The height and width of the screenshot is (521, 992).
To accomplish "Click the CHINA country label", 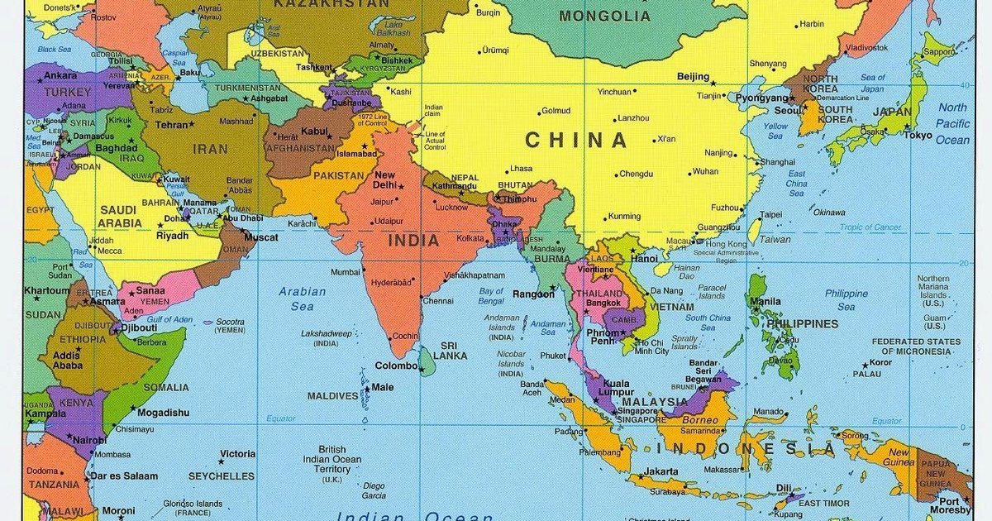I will (576, 140).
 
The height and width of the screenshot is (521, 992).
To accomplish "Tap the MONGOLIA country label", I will (604, 16).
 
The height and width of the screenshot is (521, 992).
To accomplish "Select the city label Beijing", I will (693, 77).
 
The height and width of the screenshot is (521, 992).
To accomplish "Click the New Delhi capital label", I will (384, 179).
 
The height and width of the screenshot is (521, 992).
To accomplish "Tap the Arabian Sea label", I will (302, 299).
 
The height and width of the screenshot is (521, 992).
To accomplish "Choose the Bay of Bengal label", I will (491, 295).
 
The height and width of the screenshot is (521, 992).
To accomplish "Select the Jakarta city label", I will (661, 472).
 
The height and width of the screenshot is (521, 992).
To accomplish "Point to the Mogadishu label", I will (163, 413).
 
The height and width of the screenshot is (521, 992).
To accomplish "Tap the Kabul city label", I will (315, 131).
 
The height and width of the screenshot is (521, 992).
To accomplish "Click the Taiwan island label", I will (775, 240).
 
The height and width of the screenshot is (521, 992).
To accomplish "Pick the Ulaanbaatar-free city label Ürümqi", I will (495, 50).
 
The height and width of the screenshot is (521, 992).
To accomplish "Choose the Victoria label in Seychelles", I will (237, 454).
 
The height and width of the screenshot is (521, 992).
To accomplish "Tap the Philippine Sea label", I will (846, 299).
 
